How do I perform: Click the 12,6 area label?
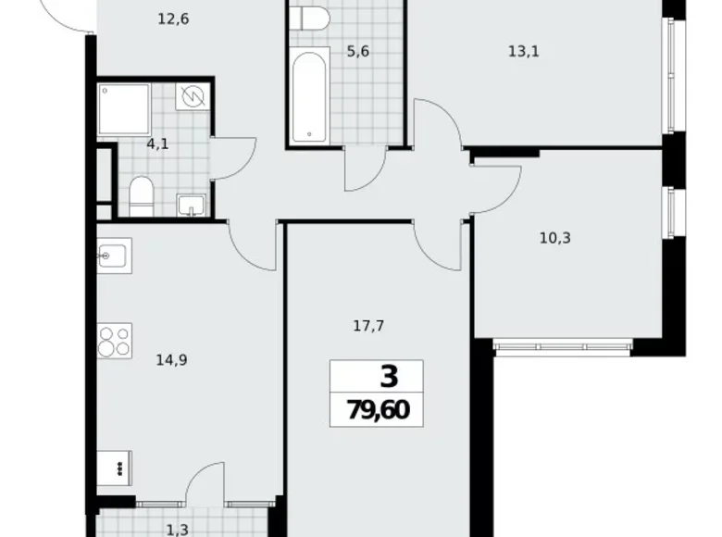(174, 19)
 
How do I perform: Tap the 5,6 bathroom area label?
(358, 52)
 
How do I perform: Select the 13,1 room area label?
(524, 51)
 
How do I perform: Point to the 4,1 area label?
(157, 144)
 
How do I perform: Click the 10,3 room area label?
(554, 238)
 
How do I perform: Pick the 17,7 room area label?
(368, 326)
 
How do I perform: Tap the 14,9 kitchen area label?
(171, 360)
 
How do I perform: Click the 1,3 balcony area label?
(177, 531)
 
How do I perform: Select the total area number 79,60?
(378, 409)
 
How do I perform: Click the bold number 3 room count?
(389, 376)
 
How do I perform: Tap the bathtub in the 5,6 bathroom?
(309, 95)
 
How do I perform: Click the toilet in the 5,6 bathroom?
(309, 18)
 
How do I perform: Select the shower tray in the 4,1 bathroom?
(124, 108)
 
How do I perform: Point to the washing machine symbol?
(193, 96)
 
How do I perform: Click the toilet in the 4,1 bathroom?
(142, 196)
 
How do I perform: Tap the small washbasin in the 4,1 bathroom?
(191, 206)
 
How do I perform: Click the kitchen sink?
(114, 256)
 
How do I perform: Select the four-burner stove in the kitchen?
(114, 341)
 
